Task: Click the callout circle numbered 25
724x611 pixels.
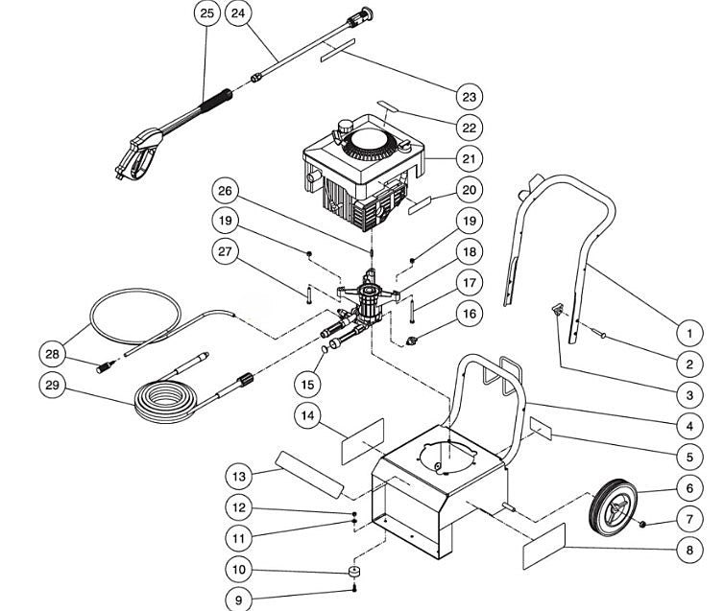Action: pos(206,13)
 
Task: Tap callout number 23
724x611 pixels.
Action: pos(469,96)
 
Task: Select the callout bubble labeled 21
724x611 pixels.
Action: pos(469,158)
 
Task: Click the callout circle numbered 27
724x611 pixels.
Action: pos(229,251)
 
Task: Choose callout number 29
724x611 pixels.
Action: pos(54,385)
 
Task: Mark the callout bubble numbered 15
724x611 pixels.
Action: pos(306,384)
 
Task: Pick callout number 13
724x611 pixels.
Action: pos(239,475)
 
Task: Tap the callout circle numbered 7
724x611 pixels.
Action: pos(688,520)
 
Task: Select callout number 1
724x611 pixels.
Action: pos(688,333)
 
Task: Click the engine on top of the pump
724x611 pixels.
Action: pos(365,177)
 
